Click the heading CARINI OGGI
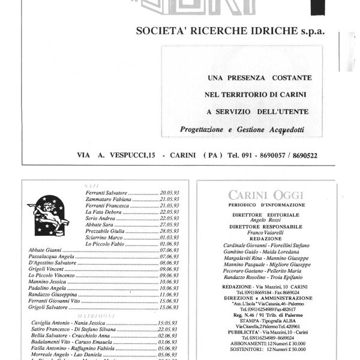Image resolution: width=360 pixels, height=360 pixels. coord(266,194)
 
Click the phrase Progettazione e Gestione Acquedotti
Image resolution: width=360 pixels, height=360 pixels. coord(242,128)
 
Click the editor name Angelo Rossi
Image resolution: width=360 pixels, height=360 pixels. coord(266,220)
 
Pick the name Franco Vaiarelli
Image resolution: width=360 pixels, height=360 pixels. coord(266,234)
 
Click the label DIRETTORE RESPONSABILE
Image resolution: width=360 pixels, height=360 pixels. coord(266,227)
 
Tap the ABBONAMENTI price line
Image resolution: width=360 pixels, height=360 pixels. coord(266,344)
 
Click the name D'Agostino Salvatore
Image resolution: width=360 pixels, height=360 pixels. coord(55,263)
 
